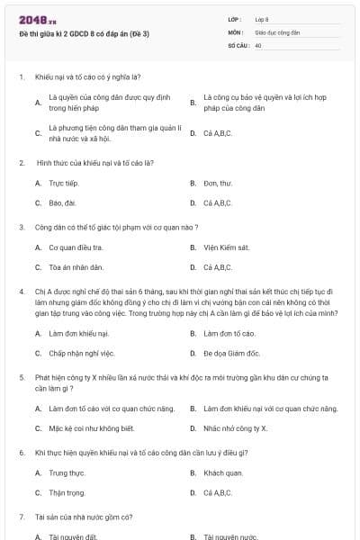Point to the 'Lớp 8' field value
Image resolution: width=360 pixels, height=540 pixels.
[x=262, y=19]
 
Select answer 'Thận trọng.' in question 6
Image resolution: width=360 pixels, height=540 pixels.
[x=67, y=492]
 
